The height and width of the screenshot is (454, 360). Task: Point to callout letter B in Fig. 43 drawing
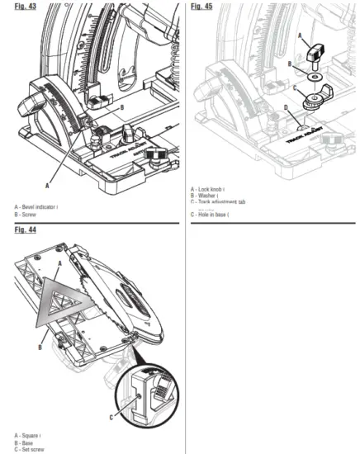click(x=122, y=107)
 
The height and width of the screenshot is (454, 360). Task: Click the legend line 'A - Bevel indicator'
click(x=36, y=206)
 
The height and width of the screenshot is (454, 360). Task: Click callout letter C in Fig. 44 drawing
click(x=111, y=418)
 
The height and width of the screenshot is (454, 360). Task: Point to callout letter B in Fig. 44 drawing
click(x=40, y=348)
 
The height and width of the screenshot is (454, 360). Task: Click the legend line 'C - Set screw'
click(x=30, y=449)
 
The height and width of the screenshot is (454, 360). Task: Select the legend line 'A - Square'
click(x=28, y=435)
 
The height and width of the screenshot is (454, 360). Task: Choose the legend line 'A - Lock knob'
click(x=208, y=189)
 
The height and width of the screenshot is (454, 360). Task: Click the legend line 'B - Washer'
click(x=206, y=196)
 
